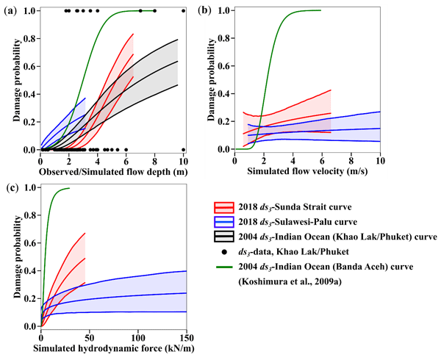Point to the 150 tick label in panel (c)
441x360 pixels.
pos(187,336)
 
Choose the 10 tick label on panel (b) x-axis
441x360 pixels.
pos(380,160)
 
